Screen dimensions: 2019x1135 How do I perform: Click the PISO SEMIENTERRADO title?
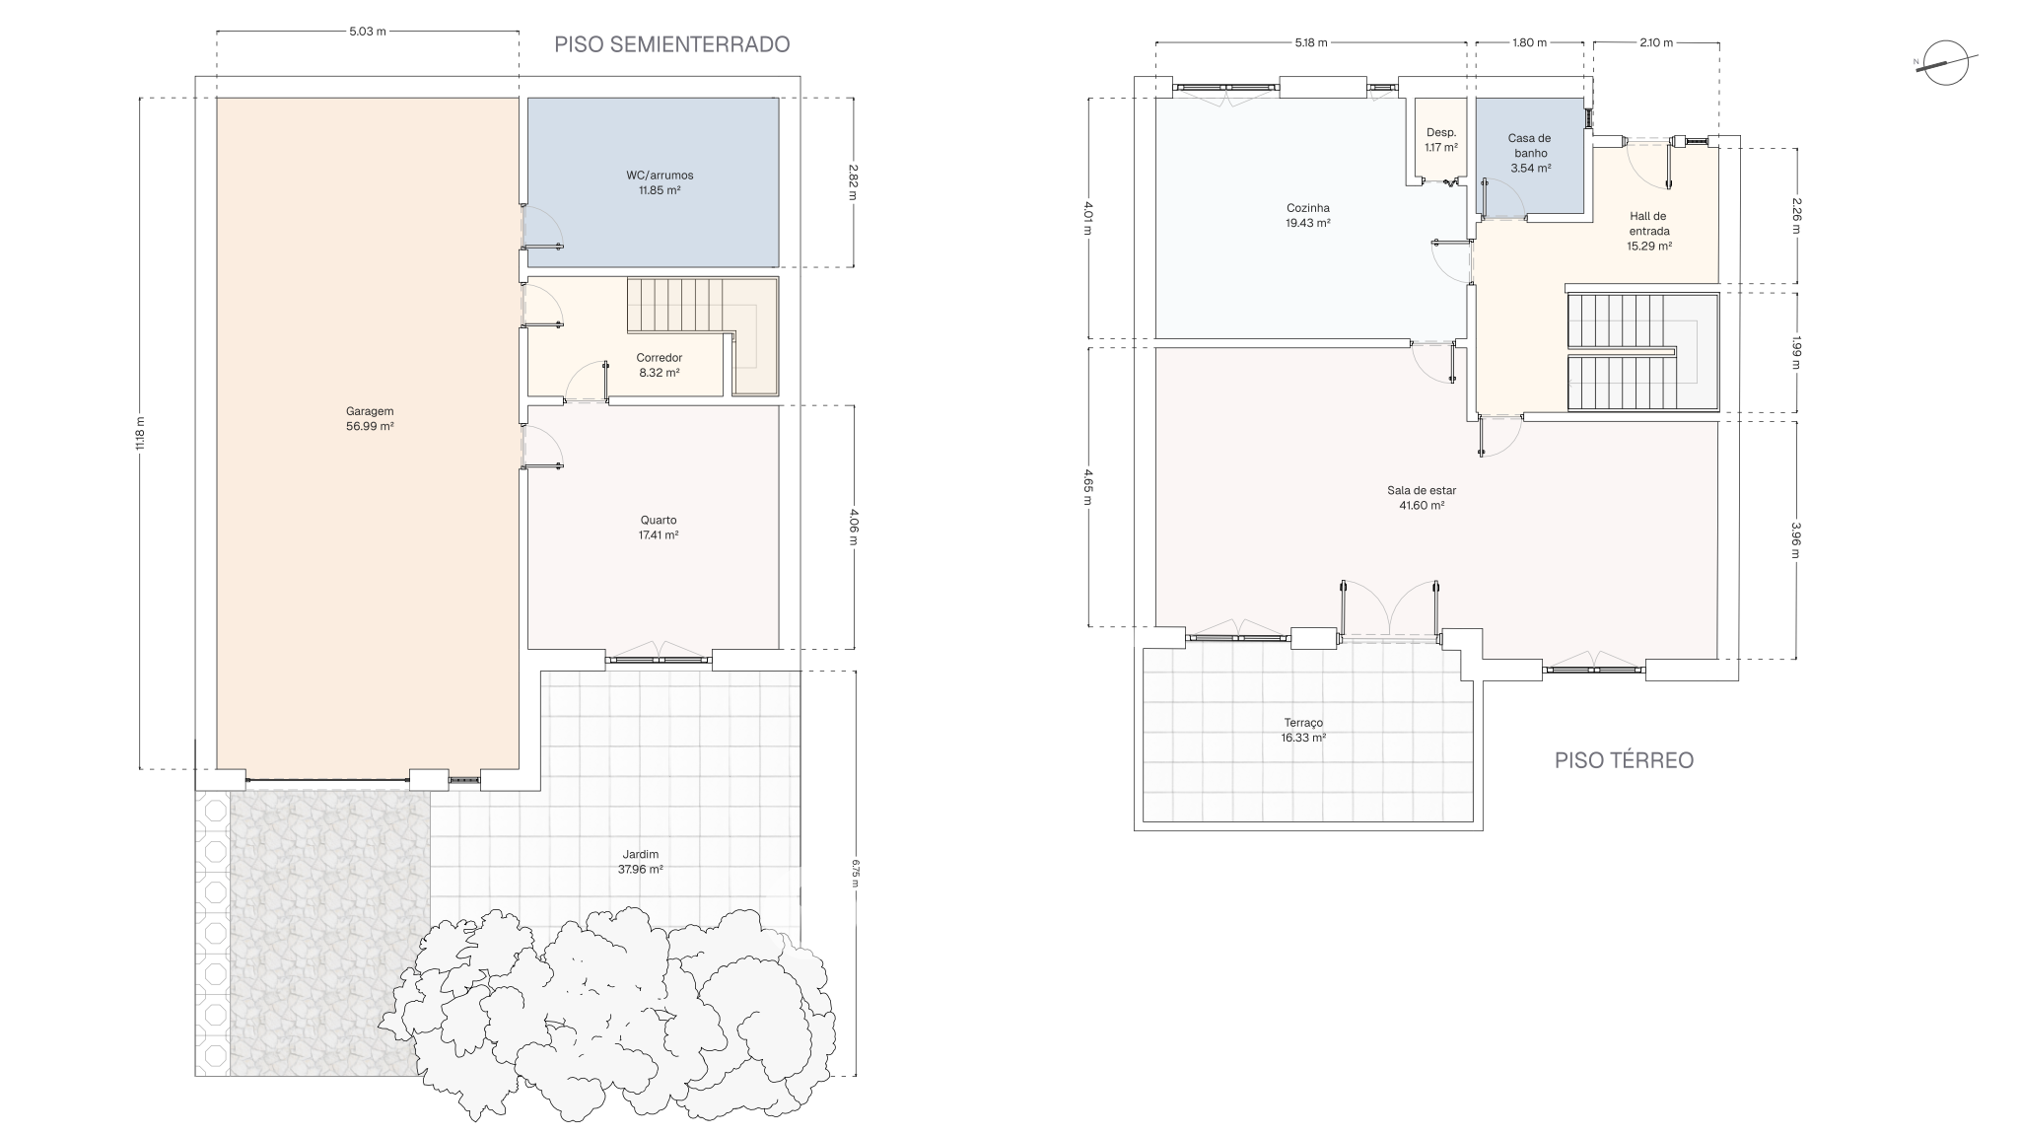click(671, 44)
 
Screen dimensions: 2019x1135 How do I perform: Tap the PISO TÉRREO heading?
click(1624, 760)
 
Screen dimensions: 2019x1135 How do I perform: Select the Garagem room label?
click(370, 411)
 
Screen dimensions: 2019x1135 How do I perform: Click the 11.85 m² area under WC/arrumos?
click(660, 190)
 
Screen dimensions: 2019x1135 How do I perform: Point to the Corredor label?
click(659, 358)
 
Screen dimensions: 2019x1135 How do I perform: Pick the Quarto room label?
click(659, 520)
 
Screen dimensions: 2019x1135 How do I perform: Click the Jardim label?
click(640, 854)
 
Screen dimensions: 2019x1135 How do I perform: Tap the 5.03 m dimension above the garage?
click(368, 32)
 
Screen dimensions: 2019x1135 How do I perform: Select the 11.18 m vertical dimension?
click(140, 433)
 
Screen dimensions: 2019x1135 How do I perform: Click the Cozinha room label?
click(1308, 208)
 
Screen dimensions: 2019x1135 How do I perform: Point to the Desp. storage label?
click(1441, 132)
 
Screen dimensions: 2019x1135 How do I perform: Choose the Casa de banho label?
click(1530, 146)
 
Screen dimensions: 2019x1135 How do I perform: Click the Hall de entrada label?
click(1648, 224)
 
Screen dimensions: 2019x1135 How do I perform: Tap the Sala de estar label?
click(1422, 490)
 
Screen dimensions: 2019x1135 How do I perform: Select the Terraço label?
click(1303, 722)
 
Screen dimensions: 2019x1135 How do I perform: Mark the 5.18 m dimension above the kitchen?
click(1311, 42)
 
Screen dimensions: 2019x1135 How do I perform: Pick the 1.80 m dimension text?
click(1529, 42)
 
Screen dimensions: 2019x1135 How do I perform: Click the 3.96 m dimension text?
click(1795, 539)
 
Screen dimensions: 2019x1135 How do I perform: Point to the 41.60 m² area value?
click(1422, 506)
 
